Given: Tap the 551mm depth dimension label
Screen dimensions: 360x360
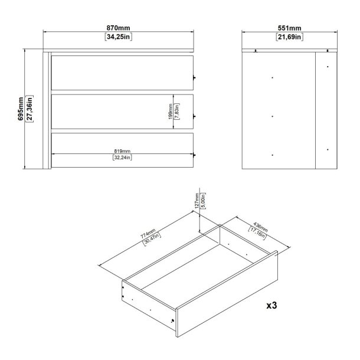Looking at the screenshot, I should coord(289,28).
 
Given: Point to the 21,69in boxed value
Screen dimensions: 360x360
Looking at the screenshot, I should coord(289,37).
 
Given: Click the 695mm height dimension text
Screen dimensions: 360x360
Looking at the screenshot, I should coord(21,110).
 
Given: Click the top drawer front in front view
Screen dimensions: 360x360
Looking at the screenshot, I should coord(123,70).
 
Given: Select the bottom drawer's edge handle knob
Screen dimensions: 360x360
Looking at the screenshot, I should coord(195,155).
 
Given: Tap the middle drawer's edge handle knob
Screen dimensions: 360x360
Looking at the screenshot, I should coord(195,116).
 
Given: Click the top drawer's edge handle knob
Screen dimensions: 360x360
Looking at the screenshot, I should coord(195,77).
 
